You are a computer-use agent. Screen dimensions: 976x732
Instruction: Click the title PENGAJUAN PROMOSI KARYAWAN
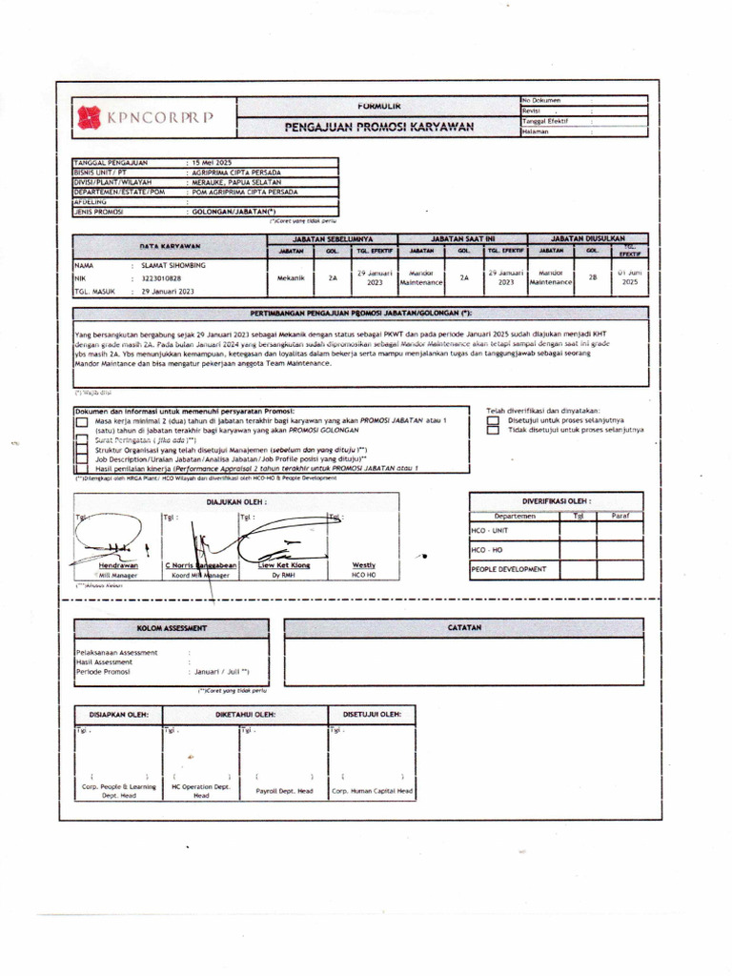[x=379, y=127]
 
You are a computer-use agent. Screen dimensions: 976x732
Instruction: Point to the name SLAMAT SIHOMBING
[x=173, y=265]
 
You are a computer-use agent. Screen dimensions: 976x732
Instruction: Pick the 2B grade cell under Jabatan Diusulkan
[x=592, y=278]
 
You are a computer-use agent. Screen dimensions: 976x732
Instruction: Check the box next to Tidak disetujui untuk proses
[x=492, y=430]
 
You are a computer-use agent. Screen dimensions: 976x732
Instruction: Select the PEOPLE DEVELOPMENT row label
[x=509, y=569]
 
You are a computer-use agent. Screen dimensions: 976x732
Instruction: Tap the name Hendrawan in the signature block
[x=112, y=564]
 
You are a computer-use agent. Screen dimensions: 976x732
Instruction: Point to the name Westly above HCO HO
[x=364, y=564]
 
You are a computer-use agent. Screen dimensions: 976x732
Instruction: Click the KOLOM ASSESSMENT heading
[x=172, y=628]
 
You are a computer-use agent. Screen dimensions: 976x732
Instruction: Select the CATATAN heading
[x=465, y=628]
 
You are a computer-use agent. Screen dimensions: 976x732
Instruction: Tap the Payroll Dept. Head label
[x=278, y=791]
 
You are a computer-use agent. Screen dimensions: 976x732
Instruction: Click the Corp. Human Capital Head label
[x=372, y=791]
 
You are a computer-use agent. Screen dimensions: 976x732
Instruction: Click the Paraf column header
[x=620, y=516]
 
